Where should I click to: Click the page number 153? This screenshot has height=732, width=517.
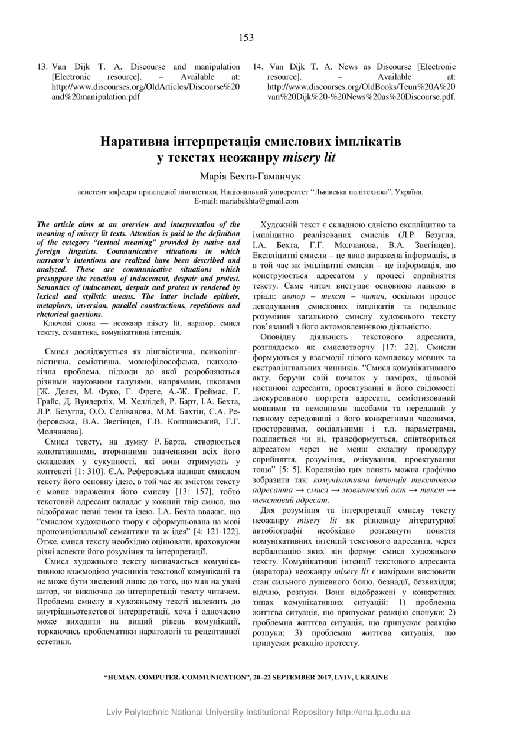tap(247, 38)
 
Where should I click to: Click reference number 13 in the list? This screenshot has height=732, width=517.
tap(42, 67)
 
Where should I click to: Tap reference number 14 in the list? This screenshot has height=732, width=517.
tap(257, 67)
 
